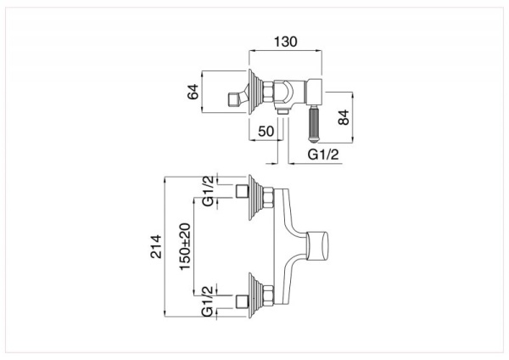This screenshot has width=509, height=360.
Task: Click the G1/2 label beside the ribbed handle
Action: [322, 155]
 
